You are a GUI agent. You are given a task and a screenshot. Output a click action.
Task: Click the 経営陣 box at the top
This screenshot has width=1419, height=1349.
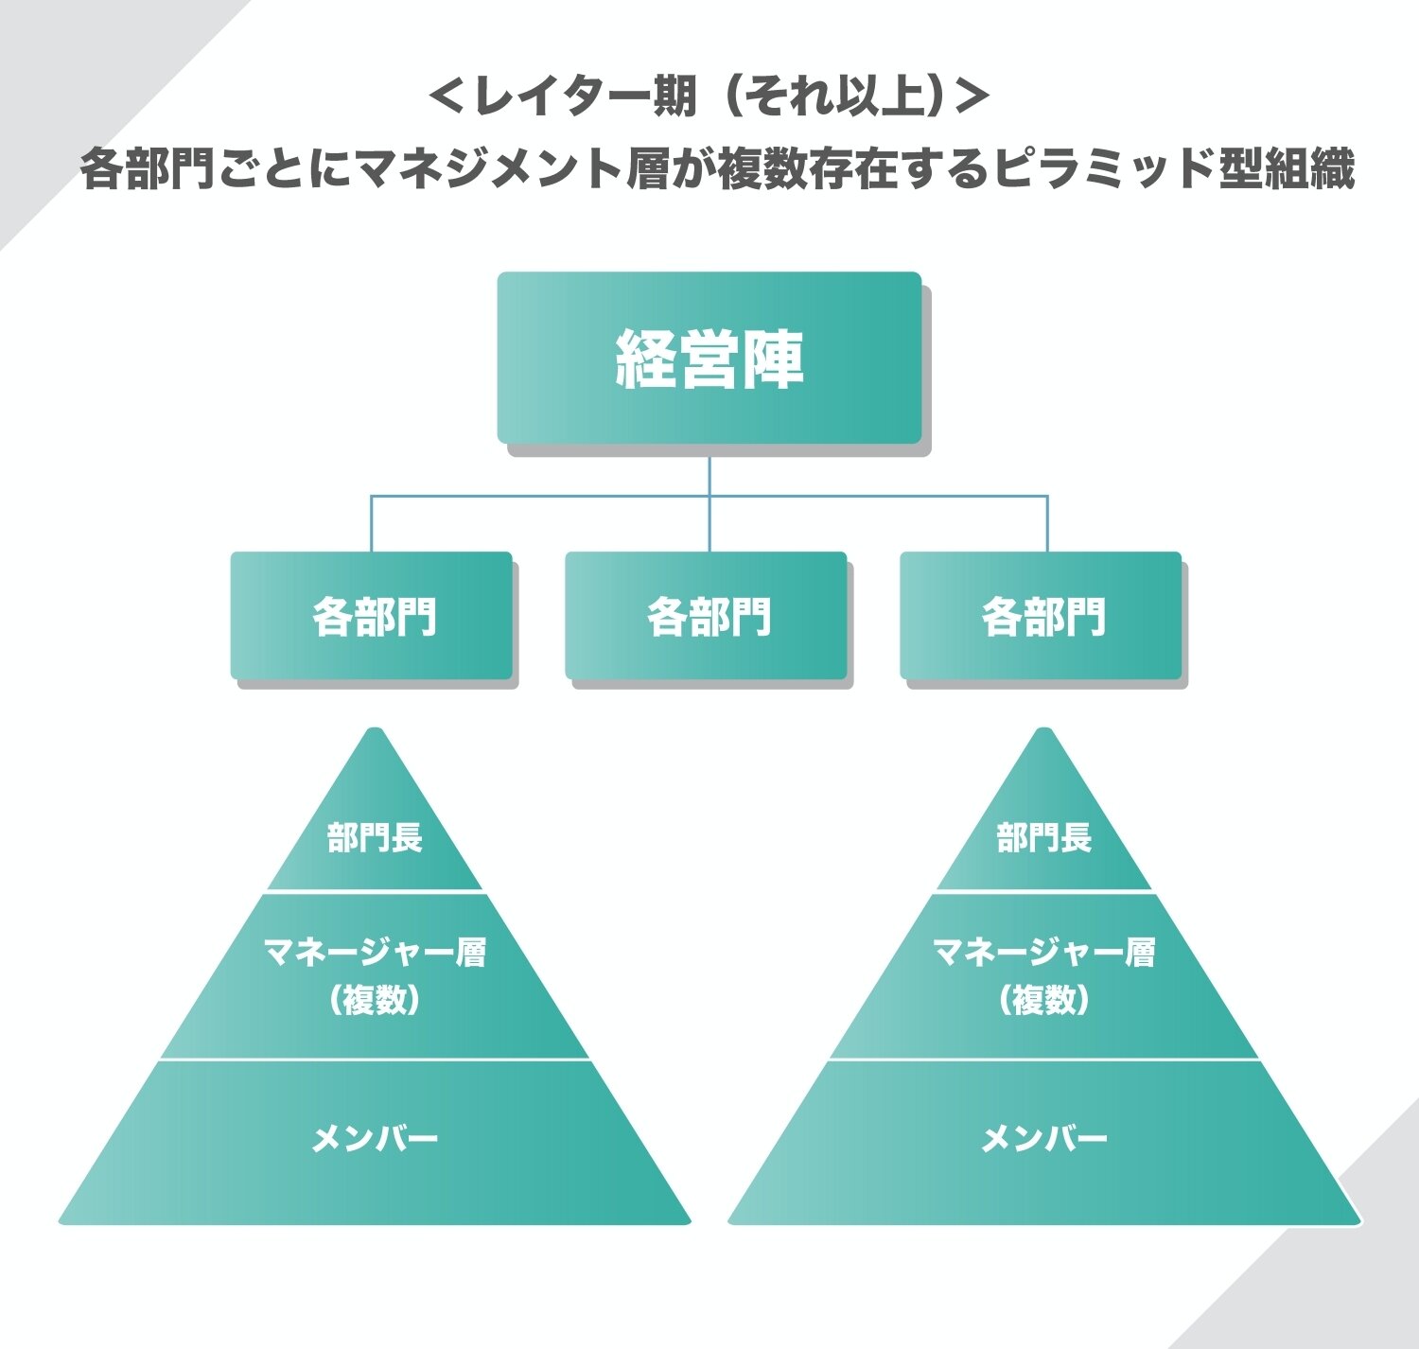point(709,358)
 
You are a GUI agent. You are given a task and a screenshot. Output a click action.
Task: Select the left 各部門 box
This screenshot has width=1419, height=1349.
point(372,615)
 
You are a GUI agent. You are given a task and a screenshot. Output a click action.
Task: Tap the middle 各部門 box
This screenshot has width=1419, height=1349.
point(707,615)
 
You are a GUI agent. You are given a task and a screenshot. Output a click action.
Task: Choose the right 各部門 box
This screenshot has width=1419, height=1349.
point(1042,615)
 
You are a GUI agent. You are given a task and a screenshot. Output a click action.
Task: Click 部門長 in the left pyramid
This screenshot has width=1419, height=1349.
point(375,837)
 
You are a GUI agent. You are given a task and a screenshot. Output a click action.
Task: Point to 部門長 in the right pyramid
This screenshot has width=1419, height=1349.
point(1043,837)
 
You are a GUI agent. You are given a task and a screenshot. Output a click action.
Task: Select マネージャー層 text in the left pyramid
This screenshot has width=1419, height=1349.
point(375,952)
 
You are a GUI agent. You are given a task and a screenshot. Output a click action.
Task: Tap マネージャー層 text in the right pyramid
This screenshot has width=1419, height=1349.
point(1043,952)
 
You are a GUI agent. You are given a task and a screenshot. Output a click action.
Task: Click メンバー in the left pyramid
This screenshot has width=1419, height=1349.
point(375,1138)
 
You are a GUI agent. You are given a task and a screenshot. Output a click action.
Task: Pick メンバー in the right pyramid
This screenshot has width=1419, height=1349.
point(1043,1138)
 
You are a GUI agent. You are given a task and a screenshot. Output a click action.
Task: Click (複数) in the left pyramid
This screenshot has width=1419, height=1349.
point(375,1000)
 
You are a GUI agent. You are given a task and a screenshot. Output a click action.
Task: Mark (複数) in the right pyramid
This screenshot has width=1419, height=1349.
point(1043,1000)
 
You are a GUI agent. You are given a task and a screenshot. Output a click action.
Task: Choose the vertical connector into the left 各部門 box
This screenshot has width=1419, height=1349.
point(371,523)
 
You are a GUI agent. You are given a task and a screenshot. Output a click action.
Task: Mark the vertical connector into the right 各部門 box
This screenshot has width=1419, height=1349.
point(1047,523)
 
